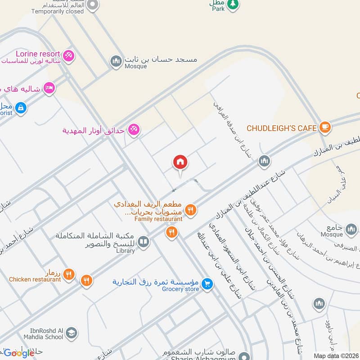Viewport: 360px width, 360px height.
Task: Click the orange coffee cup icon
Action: click(x=325, y=128)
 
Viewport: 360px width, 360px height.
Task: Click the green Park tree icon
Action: click(x=232, y=4)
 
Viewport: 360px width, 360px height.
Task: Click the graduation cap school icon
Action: click(x=71, y=333)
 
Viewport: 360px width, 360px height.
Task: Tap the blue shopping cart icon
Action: click(x=207, y=283)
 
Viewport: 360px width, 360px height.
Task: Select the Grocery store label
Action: click(x=180, y=289)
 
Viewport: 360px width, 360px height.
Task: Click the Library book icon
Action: click(x=144, y=242)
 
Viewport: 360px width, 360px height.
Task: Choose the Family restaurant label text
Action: click(x=158, y=219)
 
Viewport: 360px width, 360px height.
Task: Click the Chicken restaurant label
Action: click(x=35, y=279)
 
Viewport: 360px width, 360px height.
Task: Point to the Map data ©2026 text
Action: click(x=335, y=356)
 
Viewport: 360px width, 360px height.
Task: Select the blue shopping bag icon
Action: click(x=20, y=108)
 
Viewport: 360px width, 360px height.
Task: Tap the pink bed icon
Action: click(x=49, y=88)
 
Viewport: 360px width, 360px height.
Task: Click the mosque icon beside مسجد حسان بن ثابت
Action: click(x=117, y=60)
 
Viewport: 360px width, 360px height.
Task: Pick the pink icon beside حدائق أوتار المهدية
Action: click(x=134, y=130)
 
